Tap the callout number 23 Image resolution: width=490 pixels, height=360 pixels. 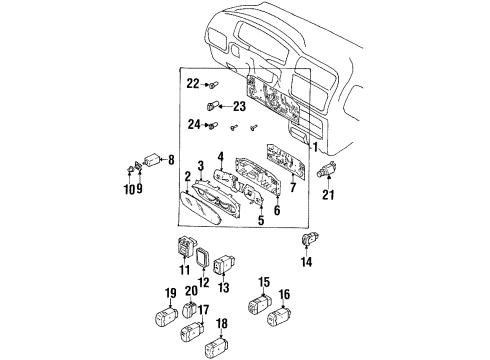239,105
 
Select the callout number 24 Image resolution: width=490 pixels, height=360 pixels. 193,124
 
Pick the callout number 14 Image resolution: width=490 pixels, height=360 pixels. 307,262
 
